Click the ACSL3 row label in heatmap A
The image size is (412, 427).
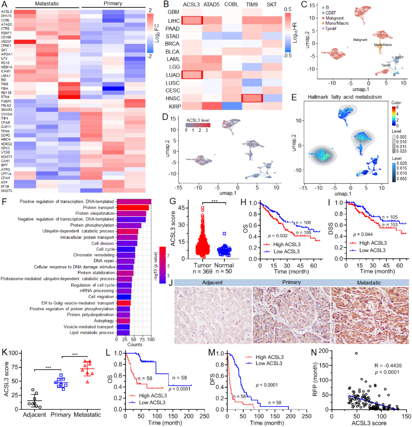pos(7,11)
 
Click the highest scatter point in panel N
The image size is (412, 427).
pos(355,353)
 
